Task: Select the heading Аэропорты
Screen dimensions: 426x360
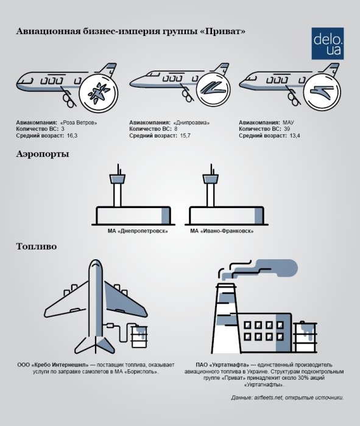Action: point(43,155)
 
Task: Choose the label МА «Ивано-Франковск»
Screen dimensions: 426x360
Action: point(222,231)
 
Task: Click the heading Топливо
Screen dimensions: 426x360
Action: point(37,248)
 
